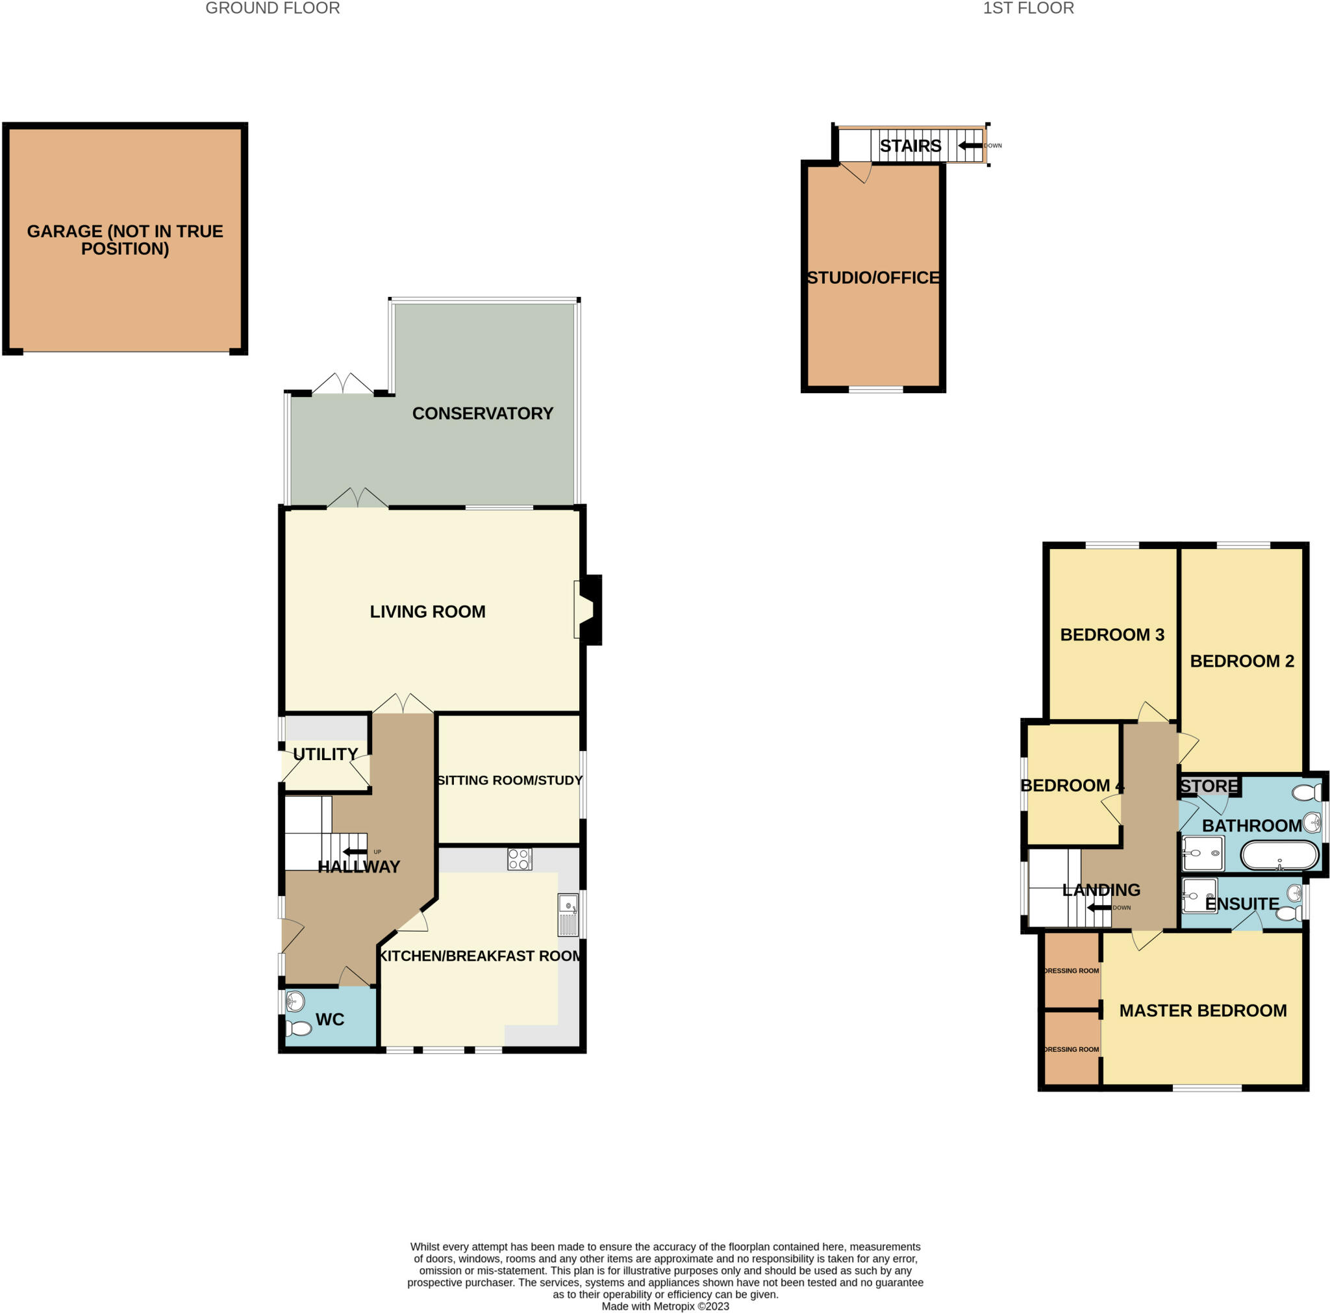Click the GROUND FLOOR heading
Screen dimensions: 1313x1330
[273, 8]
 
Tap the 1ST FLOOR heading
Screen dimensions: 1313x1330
[1028, 8]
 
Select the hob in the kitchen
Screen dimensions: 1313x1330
[519, 860]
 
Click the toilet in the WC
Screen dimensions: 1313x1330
[299, 1028]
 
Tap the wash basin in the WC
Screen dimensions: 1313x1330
[295, 1001]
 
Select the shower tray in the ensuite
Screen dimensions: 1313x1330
[1199, 895]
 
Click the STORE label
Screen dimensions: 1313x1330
[1209, 786]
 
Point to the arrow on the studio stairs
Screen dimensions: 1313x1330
[970, 146]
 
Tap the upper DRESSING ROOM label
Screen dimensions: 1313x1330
[1071, 971]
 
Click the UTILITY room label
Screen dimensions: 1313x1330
[325, 754]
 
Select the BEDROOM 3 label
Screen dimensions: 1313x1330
[1112, 635]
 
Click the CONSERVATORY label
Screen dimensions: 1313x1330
[483, 413]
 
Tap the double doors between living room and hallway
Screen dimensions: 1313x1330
[403, 704]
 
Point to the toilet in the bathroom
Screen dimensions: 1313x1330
[1306, 793]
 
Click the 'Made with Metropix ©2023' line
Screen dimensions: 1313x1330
[665, 1306]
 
